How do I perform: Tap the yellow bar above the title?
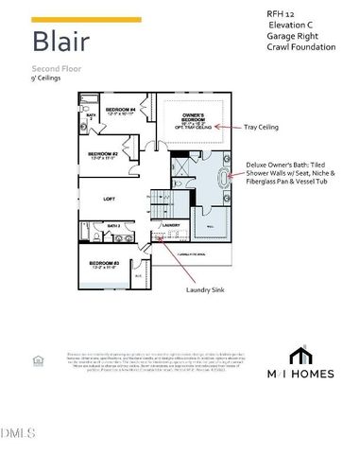coord(86,19)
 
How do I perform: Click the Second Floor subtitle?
coord(53,70)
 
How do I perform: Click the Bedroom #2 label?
coord(102,154)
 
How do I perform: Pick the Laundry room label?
coord(172,224)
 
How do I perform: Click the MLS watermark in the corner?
coord(16,433)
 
